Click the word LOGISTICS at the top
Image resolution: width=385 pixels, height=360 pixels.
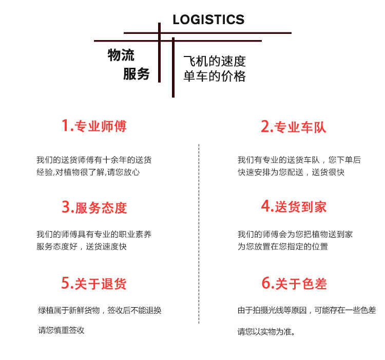pyautogui.click(x=208, y=20)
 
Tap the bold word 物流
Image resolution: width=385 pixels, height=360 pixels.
pyautogui.click(x=121, y=55)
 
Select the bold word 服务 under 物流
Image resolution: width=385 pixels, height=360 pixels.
pyautogui.click(x=136, y=74)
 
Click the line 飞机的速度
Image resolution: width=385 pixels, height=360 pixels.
pyautogui.click(x=215, y=62)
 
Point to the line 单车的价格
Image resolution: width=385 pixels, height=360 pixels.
pyautogui.click(x=215, y=77)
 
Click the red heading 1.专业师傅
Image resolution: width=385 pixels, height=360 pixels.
pyautogui.click(x=94, y=126)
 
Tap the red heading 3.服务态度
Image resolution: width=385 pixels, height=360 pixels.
pyautogui.click(x=94, y=207)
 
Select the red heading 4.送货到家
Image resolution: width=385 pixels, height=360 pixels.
pyautogui.click(x=294, y=207)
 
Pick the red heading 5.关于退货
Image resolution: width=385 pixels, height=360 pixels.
pyautogui.click(x=94, y=283)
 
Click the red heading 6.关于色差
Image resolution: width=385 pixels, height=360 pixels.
pyautogui.click(x=294, y=283)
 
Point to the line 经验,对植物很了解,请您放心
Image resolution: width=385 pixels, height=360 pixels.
pyautogui.click(x=88, y=173)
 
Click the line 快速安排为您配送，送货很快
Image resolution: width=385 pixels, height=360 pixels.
pyautogui.click(x=291, y=173)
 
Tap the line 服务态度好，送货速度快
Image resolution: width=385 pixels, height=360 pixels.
pyautogui.click(x=82, y=247)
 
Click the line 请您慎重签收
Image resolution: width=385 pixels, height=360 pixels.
pyautogui.click(x=62, y=330)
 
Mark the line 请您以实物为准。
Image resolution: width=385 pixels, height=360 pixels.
pyautogui.click(x=266, y=331)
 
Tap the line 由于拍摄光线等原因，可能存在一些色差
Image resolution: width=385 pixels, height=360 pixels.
pyautogui.click(x=306, y=310)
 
